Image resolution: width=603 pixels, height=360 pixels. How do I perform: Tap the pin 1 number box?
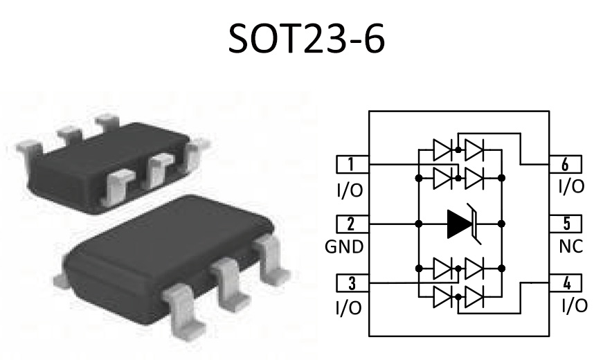coord(352,164)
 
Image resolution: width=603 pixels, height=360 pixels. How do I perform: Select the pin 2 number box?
coord(352,224)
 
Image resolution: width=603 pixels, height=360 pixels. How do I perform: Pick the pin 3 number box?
coord(352,283)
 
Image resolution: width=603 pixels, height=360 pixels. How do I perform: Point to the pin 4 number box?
coord(566,283)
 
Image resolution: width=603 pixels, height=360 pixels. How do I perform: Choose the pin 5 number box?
coord(566,224)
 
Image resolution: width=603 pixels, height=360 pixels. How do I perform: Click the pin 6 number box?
coord(566,164)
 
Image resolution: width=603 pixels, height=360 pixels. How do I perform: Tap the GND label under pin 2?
coord(344,247)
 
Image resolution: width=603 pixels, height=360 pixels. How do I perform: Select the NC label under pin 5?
coord(571,246)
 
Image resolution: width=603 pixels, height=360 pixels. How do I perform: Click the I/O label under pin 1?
coord(350,190)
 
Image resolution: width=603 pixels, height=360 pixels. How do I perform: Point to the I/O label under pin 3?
coord(349,307)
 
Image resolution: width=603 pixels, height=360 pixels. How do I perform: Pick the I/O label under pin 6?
coord(571,186)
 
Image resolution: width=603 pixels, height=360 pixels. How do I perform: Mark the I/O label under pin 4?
coord(575,306)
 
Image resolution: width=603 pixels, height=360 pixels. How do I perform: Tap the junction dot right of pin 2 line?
coord(419,224)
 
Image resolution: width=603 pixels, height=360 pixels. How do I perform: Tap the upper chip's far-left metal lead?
coord(30,148)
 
